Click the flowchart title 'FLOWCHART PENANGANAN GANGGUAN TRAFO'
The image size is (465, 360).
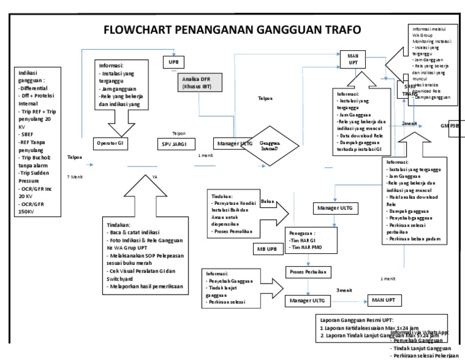[x=232, y=30]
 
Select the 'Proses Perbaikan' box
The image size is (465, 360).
[x=308, y=272]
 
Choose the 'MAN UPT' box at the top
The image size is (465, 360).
[x=352, y=59]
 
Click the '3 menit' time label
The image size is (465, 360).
[x=345, y=290]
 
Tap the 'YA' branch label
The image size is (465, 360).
[x=155, y=177]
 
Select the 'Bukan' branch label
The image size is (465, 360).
[x=268, y=201]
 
